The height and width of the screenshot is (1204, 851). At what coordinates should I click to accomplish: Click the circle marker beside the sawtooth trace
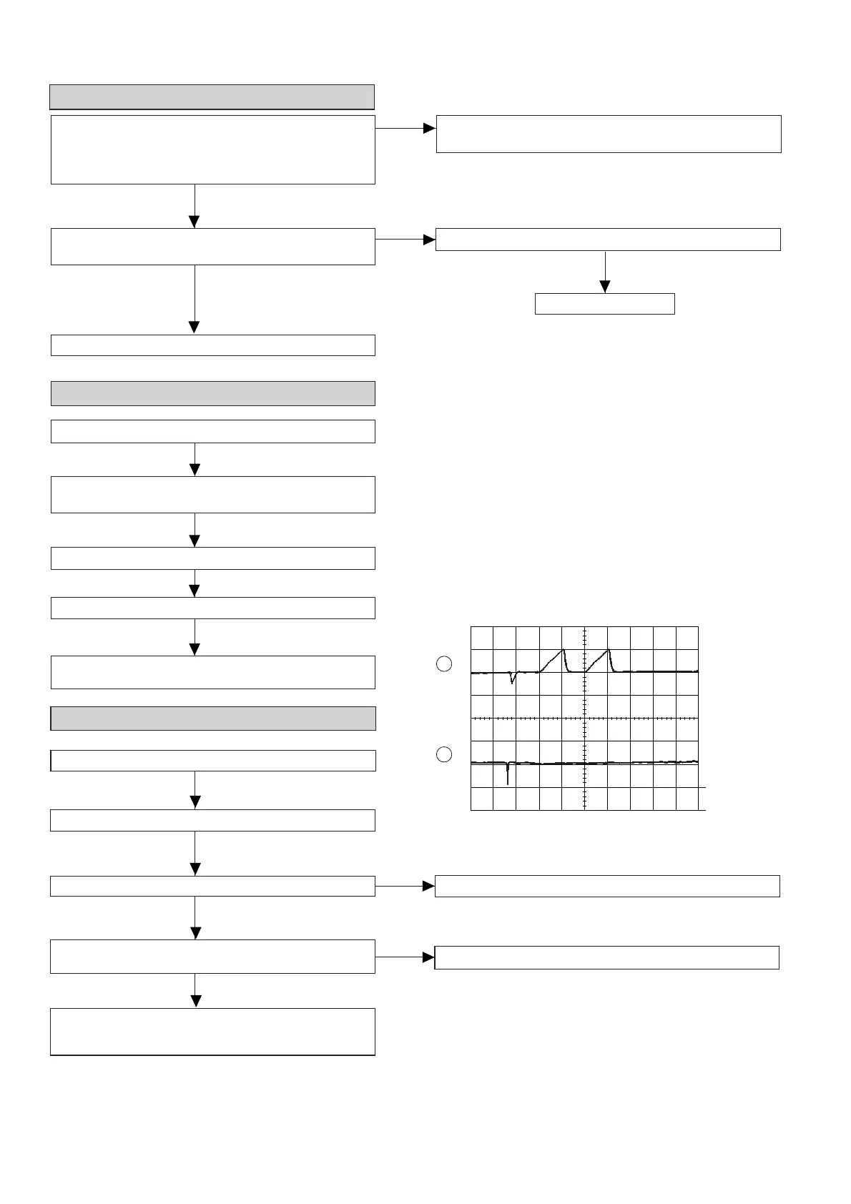(443, 663)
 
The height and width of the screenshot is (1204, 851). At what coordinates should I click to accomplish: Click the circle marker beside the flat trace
(443, 754)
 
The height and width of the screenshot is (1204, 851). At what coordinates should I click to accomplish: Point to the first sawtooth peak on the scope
(563, 649)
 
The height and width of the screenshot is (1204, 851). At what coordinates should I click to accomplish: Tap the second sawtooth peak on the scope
(608, 649)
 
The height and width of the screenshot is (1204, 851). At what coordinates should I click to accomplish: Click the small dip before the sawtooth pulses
(512, 681)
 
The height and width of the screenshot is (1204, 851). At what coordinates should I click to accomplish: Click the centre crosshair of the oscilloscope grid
(584, 718)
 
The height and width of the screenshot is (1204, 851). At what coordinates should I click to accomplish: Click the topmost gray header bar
(212, 97)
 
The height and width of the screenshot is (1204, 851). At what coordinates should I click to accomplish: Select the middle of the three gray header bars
(212, 393)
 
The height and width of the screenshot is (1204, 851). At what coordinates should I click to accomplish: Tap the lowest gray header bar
(212, 719)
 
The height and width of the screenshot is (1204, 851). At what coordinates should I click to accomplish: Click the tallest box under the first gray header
(212, 149)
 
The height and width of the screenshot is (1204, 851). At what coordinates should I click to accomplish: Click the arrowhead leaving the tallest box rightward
(429, 129)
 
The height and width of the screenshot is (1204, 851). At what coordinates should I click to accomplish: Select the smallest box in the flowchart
(604, 304)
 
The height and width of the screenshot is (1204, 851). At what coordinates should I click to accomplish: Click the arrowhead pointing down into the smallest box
(605, 287)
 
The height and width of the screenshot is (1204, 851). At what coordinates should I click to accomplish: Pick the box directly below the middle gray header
(212, 432)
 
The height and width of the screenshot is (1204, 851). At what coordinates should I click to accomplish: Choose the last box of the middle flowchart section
(212, 672)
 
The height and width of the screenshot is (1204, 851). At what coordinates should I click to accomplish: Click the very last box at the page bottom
(212, 1032)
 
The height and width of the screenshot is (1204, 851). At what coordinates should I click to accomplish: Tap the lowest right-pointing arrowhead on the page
(428, 957)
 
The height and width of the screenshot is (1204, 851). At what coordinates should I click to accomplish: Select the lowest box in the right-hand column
(606, 957)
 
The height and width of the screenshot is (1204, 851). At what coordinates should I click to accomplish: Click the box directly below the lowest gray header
(212, 761)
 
